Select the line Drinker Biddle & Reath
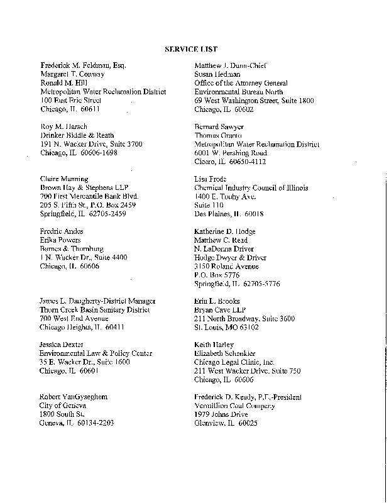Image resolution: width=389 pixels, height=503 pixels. pyautogui.click(x=77, y=135)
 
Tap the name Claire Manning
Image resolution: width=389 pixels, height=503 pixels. pyautogui.click(x=63, y=179)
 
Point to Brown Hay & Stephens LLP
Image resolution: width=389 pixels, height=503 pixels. pyautogui.click(x=82, y=188)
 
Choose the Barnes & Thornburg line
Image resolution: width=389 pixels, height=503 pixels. pyautogui.click(x=72, y=249)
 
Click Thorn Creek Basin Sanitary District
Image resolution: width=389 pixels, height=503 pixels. pyautogui.click(x=95, y=310)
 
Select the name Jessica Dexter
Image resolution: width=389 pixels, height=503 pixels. pyautogui.click(x=62, y=345)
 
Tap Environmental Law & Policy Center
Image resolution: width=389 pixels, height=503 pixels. pyautogui.click(x=96, y=354)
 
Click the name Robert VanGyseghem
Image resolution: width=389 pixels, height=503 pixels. pyautogui.click(x=74, y=397)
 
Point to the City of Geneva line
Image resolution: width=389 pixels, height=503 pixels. pyautogui.click(x=62, y=406)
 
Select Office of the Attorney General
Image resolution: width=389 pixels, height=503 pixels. pyautogui.click(x=241, y=83)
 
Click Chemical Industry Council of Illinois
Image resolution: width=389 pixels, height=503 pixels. pyautogui.click(x=251, y=188)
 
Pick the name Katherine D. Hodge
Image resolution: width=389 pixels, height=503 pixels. pyautogui.click(x=229, y=231)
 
